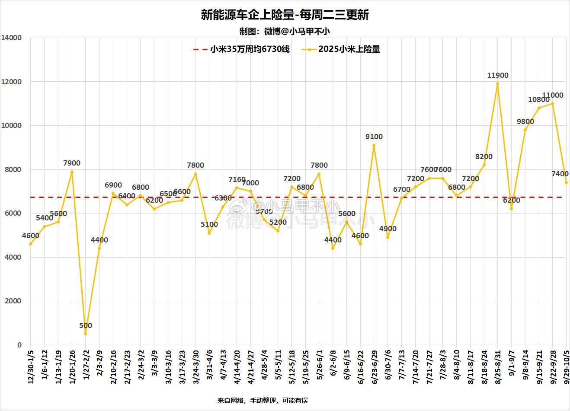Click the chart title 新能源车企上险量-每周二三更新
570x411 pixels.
click(285, 15)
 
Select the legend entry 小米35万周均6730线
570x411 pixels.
click(250, 49)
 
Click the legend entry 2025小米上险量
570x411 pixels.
click(349, 49)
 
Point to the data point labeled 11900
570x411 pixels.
click(497, 84)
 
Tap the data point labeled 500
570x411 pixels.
click(86, 334)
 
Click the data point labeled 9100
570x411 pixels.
click(374, 145)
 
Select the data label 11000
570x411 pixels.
click(553, 95)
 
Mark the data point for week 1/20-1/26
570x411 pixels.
click(72, 172)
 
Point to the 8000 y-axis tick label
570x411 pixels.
click(13, 169)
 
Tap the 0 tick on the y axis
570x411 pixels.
click(19, 345)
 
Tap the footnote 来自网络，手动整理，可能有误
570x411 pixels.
click(263, 401)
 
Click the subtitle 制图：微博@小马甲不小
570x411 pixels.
click(285, 31)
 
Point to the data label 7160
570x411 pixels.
click(237, 179)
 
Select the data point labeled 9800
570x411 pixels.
click(525, 130)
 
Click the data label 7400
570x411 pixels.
click(560, 174)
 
